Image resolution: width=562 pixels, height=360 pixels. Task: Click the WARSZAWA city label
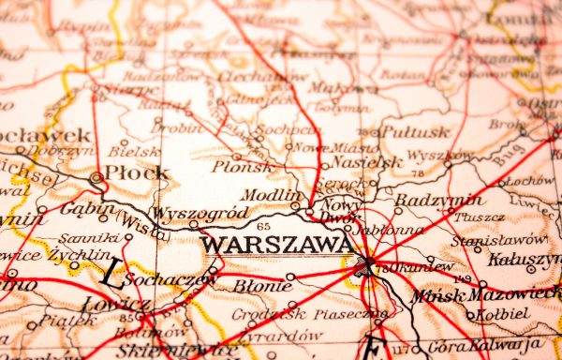[277, 245]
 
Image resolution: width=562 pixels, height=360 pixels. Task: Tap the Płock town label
[137, 172]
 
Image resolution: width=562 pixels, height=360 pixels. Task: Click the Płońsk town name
[244, 167]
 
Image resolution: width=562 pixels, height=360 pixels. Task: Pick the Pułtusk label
[416, 132]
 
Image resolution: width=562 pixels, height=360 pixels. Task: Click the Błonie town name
[261, 284]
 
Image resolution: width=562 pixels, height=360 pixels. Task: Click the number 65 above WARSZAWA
[263, 226]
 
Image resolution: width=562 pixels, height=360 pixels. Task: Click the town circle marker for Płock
[96, 176]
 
